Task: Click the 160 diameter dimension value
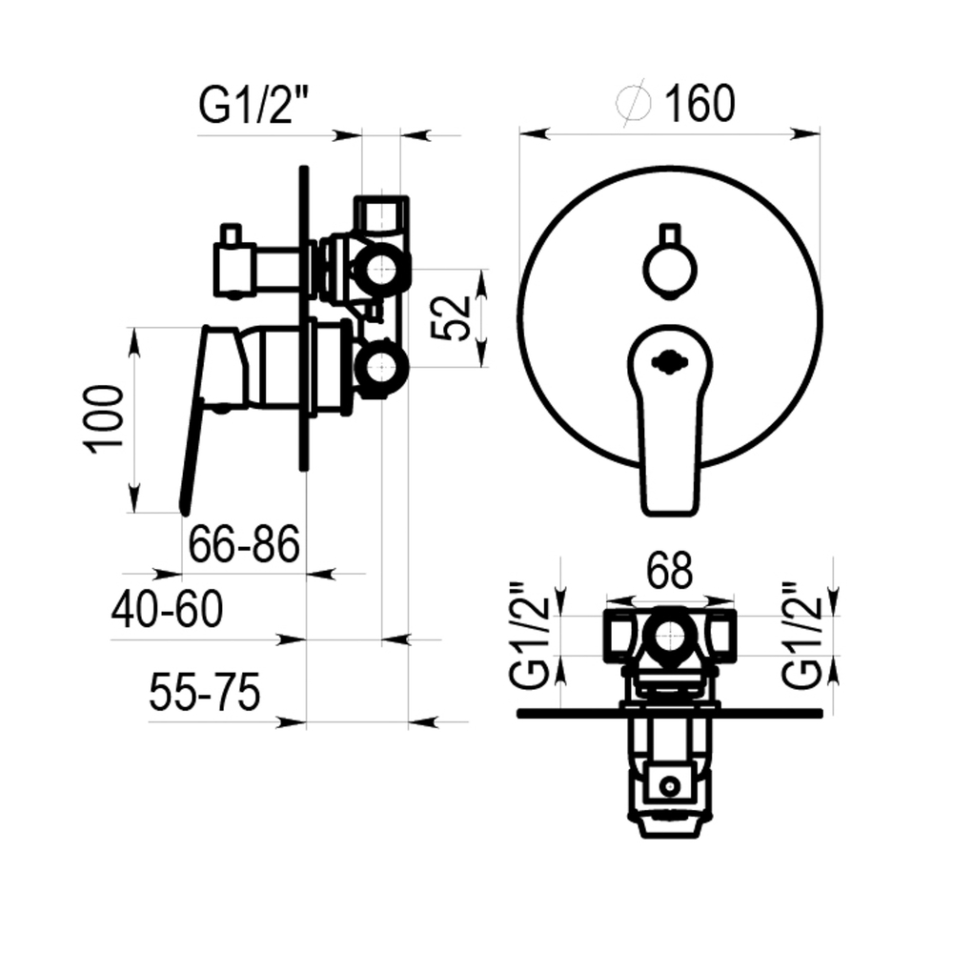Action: tap(700, 104)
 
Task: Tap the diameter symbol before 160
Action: tap(634, 105)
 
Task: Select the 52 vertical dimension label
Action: tap(451, 318)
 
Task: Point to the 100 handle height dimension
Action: tap(103, 418)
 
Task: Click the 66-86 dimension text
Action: tap(244, 544)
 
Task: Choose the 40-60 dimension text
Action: tap(167, 609)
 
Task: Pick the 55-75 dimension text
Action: tap(205, 692)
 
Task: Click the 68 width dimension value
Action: tap(669, 571)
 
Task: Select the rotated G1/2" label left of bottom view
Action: tap(530, 636)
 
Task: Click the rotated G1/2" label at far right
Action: tap(801, 636)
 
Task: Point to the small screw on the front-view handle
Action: tap(669, 363)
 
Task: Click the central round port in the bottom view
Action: tap(669, 636)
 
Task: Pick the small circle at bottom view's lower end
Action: tap(670, 786)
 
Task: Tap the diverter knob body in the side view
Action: tap(233, 270)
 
